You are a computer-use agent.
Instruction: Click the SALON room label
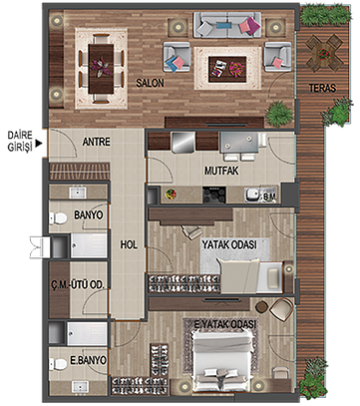[150, 83]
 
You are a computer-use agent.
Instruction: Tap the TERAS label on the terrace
[322, 88]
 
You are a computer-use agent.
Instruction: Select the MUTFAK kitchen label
[221, 171]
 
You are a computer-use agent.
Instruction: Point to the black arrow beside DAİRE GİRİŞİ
[39, 144]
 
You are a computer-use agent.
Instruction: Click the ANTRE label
[96, 142]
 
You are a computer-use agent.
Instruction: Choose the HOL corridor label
[129, 245]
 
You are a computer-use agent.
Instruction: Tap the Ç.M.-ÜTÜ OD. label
[78, 284]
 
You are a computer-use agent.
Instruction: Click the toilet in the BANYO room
[58, 218]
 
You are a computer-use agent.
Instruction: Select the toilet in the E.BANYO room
[58, 364]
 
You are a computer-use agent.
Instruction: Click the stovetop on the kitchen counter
[214, 195]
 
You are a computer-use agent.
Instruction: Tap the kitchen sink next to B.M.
[253, 196]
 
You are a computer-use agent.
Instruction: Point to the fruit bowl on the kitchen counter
[171, 195]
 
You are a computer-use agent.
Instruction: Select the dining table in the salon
[101, 69]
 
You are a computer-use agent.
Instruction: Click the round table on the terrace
[324, 53]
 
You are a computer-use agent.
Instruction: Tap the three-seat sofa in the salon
[227, 25]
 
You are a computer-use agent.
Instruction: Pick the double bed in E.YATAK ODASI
[222, 358]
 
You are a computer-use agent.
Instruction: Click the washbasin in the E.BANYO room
[80, 387]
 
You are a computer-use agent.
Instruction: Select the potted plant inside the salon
[279, 114]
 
